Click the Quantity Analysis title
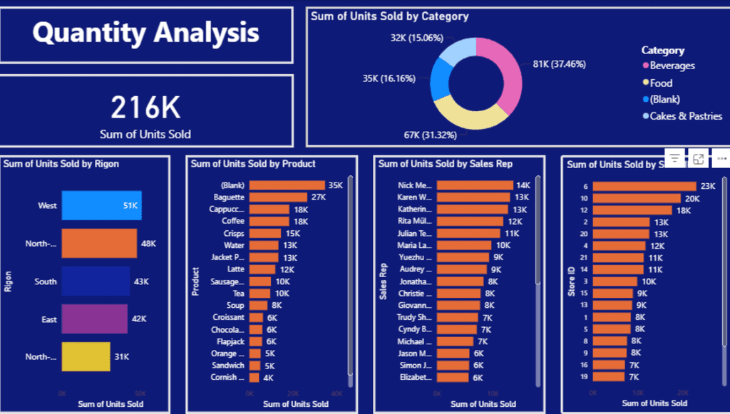point(145,33)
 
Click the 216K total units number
point(145,107)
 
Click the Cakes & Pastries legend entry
point(685,116)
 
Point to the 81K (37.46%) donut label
point(559,64)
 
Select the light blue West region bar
point(101,205)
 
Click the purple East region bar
point(95,319)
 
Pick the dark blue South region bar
point(96,281)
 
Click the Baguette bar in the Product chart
point(277,197)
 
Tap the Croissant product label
point(228,317)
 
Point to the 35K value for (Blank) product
point(335,185)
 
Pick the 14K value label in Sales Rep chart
point(523,185)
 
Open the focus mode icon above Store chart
point(699,159)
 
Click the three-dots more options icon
point(721,159)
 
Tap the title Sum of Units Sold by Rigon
point(61,164)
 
